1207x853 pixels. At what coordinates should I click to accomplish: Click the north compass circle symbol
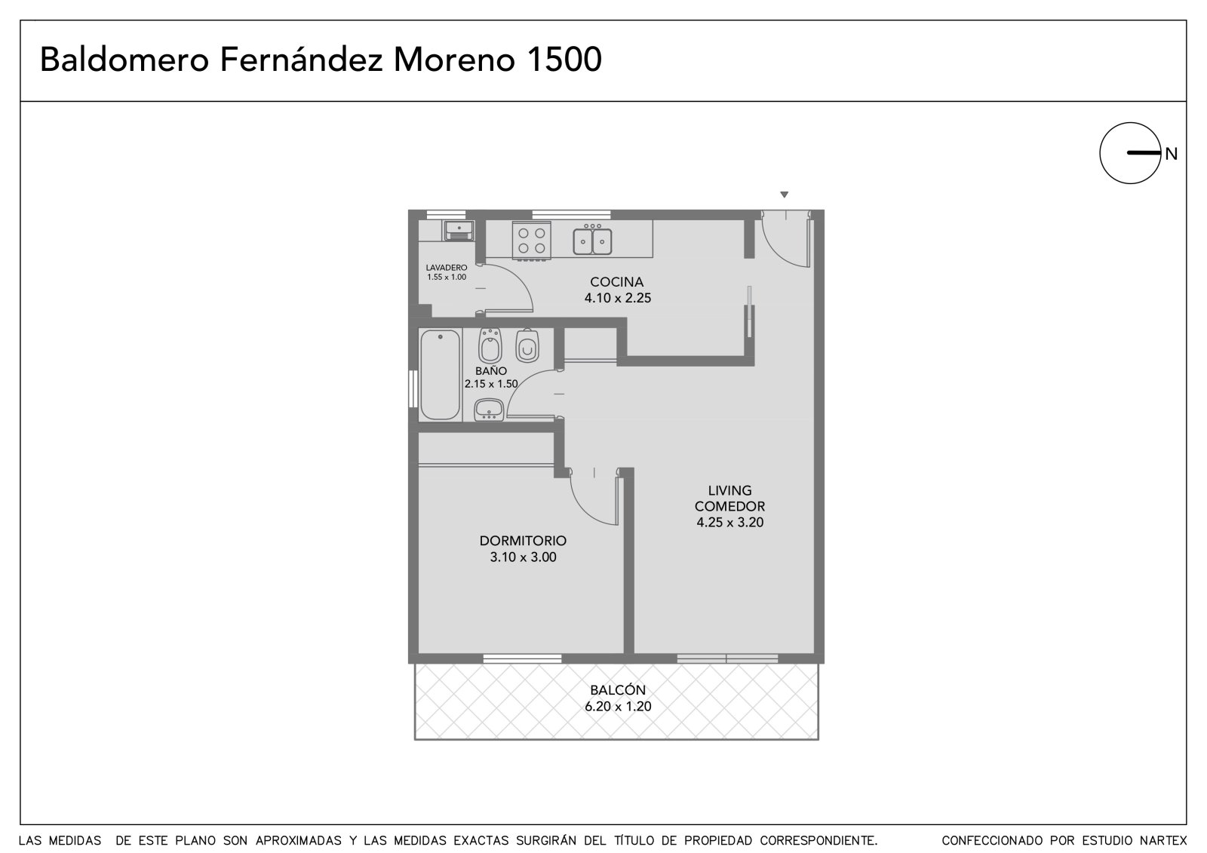[1101, 154]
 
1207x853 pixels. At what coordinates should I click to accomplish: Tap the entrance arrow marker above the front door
[785, 195]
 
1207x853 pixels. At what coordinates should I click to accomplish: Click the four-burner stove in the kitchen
[531, 241]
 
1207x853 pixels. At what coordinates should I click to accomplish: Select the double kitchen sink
[592, 240]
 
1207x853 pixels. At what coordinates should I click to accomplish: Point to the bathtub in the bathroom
[441, 375]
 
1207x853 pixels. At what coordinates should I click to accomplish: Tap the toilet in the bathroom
[527, 345]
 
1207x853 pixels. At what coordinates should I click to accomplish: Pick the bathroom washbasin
[489, 410]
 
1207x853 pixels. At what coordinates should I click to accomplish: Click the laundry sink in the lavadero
[459, 230]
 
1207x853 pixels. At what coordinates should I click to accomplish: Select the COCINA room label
[617, 282]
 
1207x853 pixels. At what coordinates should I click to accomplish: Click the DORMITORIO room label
[523, 541]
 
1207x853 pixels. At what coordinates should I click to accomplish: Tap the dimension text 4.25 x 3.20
[729, 522]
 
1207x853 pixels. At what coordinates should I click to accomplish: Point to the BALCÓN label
[618, 689]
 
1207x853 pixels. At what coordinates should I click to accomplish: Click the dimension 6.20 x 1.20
[618, 706]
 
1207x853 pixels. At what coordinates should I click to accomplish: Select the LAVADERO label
[447, 267]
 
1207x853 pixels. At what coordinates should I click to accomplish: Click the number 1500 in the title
[564, 60]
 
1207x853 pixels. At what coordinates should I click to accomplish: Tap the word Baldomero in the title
[124, 60]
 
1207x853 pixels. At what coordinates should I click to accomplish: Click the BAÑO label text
[491, 371]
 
